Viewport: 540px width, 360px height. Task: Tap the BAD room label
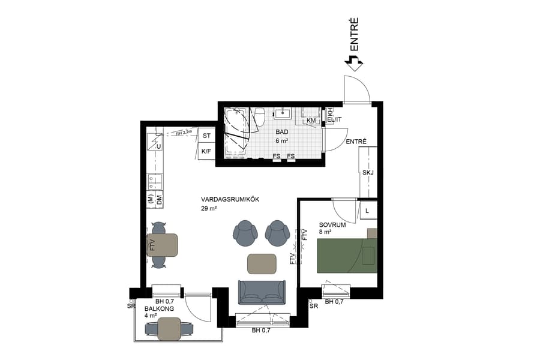click(x=281, y=132)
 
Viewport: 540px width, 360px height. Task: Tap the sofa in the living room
click(x=262, y=292)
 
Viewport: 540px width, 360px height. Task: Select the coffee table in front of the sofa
click(x=262, y=263)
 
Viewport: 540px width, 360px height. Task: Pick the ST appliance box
click(x=206, y=136)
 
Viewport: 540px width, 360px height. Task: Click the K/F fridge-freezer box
click(x=206, y=151)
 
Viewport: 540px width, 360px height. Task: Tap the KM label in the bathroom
click(x=311, y=121)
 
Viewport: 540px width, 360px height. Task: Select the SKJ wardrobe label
click(x=368, y=173)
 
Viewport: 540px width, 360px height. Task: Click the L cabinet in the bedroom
click(x=367, y=211)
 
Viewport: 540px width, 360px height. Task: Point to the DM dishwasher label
click(x=160, y=202)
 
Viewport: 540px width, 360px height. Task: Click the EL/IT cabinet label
click(x=334, y=120)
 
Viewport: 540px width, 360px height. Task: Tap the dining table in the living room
click(x=162, y=245)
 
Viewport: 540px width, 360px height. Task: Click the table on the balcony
click(x=169, y=329)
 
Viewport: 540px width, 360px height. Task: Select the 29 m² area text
click(x=209, y=208)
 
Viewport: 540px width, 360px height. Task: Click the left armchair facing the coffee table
click(x=245, y=233)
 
